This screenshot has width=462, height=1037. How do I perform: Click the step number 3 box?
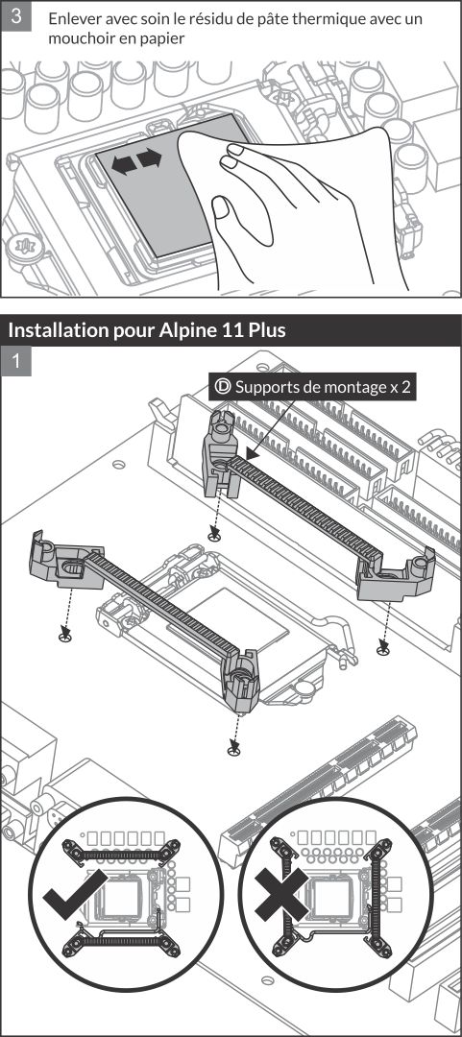[x=16, y=18]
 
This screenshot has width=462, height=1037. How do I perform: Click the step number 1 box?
[x=16, y=362]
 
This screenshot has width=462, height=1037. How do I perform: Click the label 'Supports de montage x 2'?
[x=325, y=388]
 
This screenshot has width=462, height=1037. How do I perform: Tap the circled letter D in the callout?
[x=224, y=388]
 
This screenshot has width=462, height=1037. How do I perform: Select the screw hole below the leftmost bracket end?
[x=65, y=637]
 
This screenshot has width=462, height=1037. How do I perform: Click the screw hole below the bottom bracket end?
[x=232, y=749]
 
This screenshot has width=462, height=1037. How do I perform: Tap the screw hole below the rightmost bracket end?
[x=383, y=650]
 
